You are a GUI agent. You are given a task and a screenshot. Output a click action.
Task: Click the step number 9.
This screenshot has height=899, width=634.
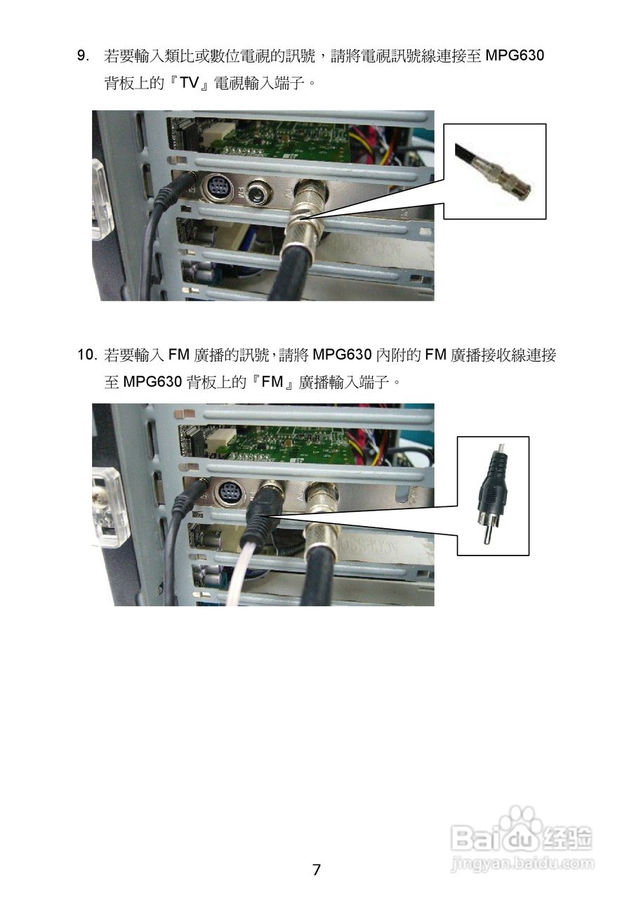[83, 55]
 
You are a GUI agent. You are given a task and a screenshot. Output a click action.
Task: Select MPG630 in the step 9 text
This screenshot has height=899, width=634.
[515, 55]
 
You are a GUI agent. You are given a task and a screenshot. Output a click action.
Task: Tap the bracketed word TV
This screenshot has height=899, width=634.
[189, 83]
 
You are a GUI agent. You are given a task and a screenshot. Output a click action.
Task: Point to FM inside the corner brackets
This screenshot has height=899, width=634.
[272, 381]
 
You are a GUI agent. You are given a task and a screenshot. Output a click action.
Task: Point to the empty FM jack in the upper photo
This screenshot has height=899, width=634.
[258, 192]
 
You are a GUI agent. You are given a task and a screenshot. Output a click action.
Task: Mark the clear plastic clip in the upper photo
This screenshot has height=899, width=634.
[103, 199]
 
